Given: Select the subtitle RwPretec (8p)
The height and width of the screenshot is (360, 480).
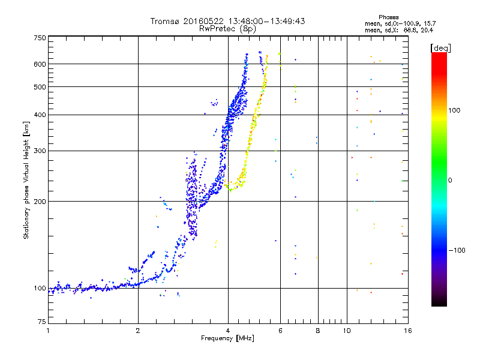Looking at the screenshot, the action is coord(227,29).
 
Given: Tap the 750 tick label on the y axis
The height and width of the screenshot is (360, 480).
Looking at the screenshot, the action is coord(40,38).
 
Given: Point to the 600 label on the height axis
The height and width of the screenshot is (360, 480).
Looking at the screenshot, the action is coord(40,64).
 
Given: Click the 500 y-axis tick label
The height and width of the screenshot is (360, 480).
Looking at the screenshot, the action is coord(40,87).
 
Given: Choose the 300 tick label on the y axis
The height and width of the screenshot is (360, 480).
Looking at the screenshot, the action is coord(40,151).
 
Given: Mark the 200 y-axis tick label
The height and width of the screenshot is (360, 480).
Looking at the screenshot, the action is coord(40,202).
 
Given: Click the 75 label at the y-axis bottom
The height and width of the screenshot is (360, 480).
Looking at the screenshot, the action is coord(42,322).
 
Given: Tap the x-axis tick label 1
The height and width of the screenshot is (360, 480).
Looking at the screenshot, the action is coord(48,331).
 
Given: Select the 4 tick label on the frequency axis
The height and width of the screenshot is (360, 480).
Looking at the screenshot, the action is coord(228,331).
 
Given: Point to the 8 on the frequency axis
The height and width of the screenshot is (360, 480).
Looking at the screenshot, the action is coord(318,331).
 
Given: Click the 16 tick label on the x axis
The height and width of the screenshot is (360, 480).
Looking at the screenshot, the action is coord(408,331).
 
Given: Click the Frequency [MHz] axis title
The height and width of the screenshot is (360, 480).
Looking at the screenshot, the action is coord(227,338).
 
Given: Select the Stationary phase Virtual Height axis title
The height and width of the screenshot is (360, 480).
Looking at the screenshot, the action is coord(26,180).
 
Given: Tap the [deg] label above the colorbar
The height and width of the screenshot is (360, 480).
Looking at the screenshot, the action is coord(440,49).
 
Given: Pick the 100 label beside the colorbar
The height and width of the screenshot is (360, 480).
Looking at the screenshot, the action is coord(454,110).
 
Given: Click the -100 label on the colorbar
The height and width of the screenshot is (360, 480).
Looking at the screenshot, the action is coord(457,250).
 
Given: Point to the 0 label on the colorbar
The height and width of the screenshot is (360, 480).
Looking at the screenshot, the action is coord(450,181).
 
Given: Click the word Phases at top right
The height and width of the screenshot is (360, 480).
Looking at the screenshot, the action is coord(389,17).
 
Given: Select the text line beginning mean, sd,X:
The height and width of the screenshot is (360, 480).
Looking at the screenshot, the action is coord(399,31).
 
